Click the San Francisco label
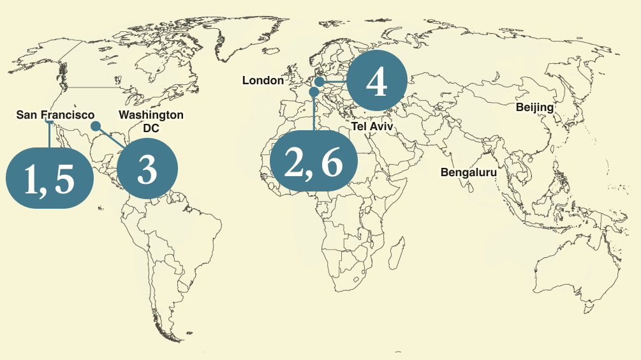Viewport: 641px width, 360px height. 55,115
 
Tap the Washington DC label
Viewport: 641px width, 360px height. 151,121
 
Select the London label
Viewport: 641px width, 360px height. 263,80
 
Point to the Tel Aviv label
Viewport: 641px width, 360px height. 372,127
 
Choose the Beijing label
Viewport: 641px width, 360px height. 534,107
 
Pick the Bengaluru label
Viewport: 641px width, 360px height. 468,172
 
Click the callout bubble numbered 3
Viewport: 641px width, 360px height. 147,170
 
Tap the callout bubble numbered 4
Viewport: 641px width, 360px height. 376,82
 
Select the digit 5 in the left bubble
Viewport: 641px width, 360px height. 65,180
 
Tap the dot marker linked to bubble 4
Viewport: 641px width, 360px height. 318,82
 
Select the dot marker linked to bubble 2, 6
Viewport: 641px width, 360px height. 314,93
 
